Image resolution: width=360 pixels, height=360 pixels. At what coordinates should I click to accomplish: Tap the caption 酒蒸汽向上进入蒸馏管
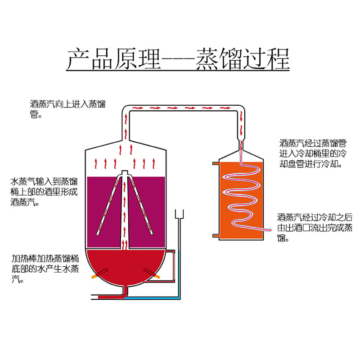coord(67,108)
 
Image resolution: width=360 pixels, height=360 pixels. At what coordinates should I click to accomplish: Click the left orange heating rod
coord(99,274)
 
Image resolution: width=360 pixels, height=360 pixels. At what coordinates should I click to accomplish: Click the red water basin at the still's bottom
coord(126,265)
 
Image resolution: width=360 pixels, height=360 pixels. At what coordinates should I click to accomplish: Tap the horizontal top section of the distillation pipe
coord(184,108)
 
